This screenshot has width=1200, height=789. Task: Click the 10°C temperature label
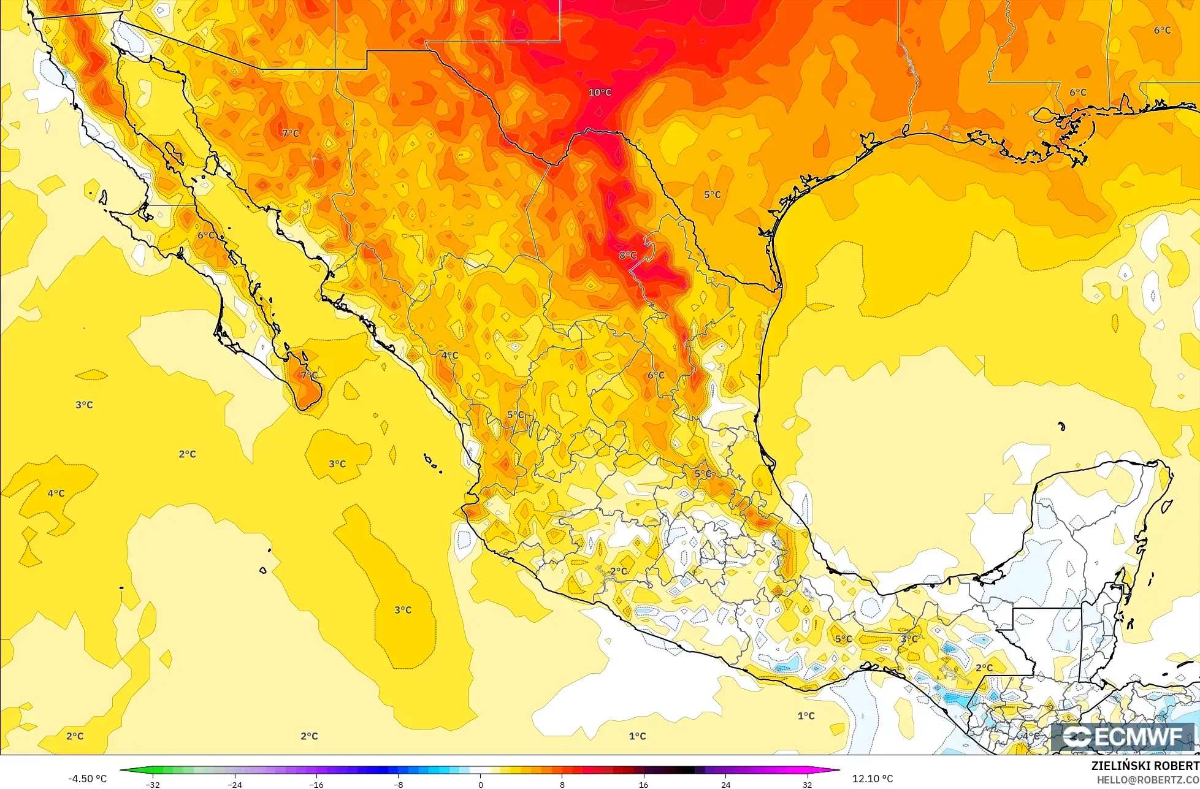(x=600, y=93)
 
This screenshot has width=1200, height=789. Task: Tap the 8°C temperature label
(x=627, y=255)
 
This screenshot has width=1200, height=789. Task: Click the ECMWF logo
(x=1123, y=737)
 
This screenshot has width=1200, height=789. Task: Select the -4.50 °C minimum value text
(x=87, y=779)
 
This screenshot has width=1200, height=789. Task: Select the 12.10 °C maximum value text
(x=873, y=779)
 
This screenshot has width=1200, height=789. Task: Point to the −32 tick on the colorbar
(x=152, y=784)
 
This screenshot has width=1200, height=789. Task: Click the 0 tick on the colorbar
(x=480, y=784)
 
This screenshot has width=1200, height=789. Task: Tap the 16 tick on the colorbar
(x=643, y=784)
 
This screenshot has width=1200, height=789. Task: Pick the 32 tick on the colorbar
(x=807, y=784)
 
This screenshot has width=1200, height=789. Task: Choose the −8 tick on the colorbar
(x=398, y=784)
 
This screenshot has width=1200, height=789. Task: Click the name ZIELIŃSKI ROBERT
(x=1145, y=766)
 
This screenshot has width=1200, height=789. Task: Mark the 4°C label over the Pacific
(x=56, y=493)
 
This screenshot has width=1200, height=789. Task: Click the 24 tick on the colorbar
(x=725, y=784)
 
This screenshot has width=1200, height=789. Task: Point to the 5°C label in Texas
(x=712, y=195)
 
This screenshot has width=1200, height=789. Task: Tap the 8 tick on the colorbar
(x=562, y=784)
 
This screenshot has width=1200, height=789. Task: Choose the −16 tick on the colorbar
(x=316, y=784)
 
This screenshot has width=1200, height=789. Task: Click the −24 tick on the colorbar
(x=234, y=784)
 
